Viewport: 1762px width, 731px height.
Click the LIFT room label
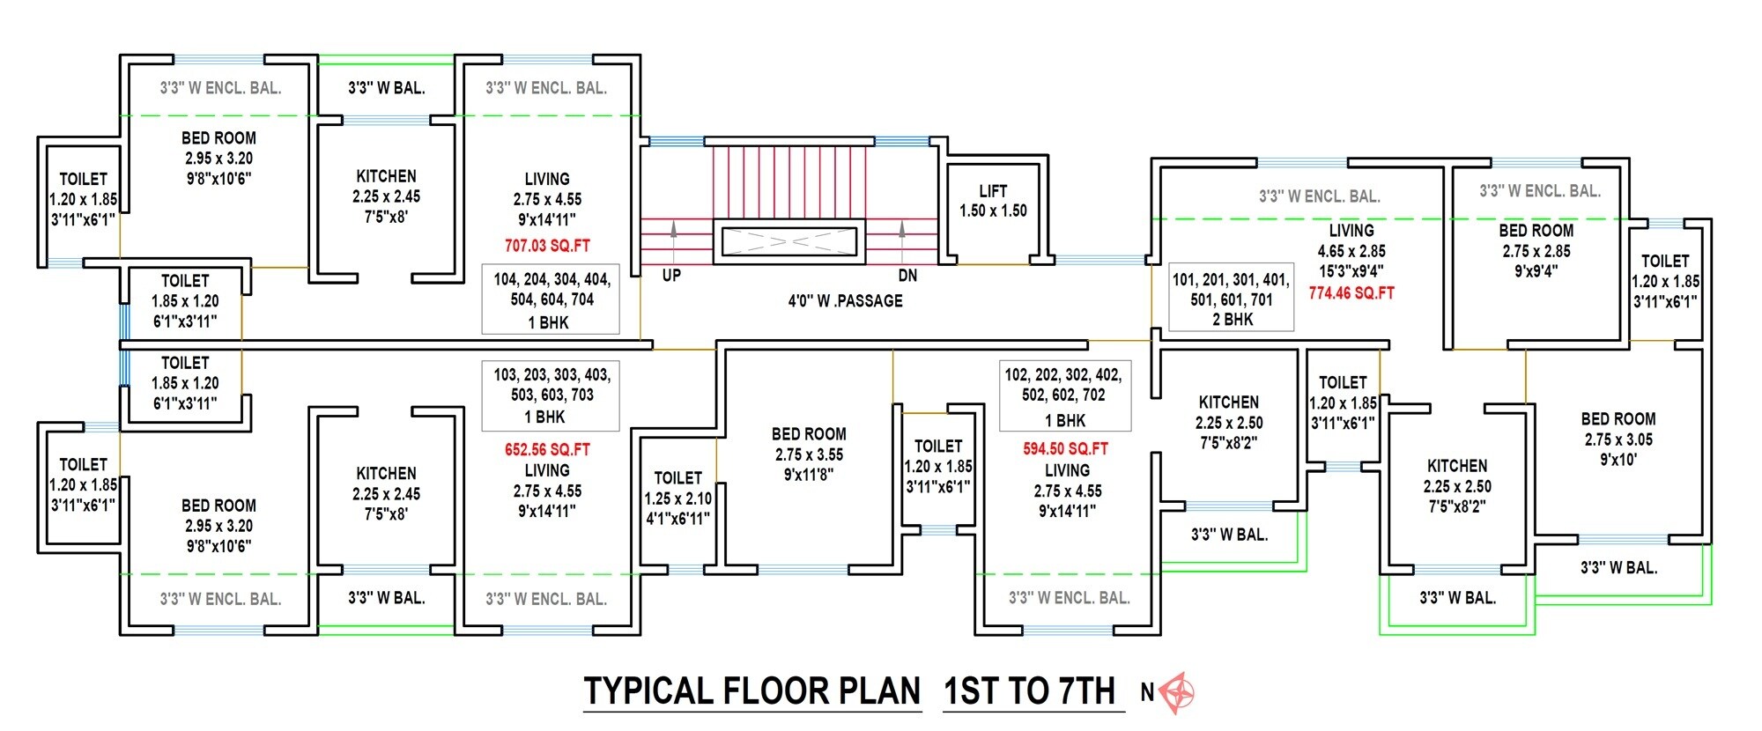click(x=993, y=191)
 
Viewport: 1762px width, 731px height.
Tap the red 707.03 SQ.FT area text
click(x=547, y=246)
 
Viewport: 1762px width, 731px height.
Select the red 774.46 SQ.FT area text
click(x=1351, y=293)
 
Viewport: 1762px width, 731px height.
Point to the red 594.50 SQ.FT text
click(x=1065, y=448)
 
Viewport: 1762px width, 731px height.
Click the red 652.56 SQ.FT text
click(x=547, y=449)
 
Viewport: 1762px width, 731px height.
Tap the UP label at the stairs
click(x=671, y=276)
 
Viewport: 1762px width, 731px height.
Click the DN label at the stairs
click(x=907, y=276)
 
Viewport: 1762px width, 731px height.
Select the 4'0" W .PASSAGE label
click(x=845, y=301)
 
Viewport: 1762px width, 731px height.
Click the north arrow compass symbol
click(x=1177, y=692)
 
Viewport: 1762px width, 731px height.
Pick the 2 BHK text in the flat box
click(x=1232, y=320)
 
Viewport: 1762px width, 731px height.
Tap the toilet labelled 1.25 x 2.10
click(x=677, y=498)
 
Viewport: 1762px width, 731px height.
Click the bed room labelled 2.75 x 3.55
click(x=809, y=454)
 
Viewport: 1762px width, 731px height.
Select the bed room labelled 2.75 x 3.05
click(x=1618, y=439)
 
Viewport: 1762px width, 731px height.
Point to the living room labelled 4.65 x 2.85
click(x=1351, y=251)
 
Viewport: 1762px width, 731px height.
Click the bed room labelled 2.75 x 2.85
click(x=1536, y=251)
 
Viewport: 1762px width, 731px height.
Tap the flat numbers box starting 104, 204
click(x=551, y=299)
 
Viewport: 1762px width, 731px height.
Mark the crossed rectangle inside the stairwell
click(x=788, y=240)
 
